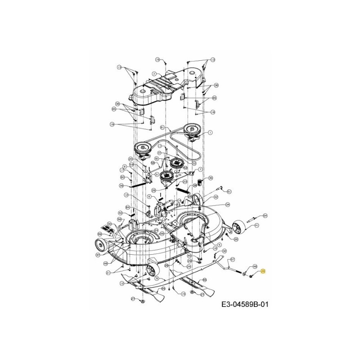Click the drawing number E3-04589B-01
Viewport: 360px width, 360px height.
pos(244,305)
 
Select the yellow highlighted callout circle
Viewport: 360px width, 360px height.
pos(264,271)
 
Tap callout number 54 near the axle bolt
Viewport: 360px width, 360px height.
pos(265,216)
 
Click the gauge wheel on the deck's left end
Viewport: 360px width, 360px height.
pos(99,246)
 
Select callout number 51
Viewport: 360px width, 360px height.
pos(229,192)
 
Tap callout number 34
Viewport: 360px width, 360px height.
pos(228,205)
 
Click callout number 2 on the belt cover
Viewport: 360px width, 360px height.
pos(154,73)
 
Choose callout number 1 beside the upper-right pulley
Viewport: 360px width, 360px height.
pos(210,133)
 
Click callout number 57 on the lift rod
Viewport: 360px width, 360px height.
pos(233,260)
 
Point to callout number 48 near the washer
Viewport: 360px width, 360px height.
pos(255,266)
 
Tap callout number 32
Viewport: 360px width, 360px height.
pos(224,251)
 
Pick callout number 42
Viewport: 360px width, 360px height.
pos(216,197)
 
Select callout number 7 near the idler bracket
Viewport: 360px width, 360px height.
pos(201,170)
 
